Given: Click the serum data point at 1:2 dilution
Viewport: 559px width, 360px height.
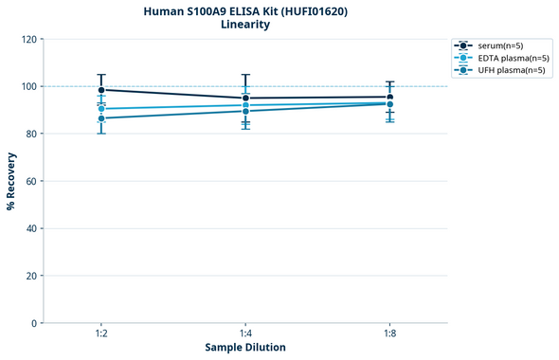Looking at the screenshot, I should pos(101,90).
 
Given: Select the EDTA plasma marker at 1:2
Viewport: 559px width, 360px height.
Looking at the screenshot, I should pos(101,109).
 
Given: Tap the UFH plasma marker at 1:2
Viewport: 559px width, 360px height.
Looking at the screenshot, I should pos(101,118).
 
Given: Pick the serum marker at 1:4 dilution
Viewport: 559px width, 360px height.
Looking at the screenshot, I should pos(245,99).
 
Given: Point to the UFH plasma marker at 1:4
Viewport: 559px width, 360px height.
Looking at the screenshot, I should pos(245,111).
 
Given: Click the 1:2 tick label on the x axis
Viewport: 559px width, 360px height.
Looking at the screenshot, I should pos(101,333).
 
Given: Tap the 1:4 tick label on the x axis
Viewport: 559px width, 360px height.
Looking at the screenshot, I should pos(245,333).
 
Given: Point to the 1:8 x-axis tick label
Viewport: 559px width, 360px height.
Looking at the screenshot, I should pos(389,333).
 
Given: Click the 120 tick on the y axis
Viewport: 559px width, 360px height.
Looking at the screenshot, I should pos(29,40).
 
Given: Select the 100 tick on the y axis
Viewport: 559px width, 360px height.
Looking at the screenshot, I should pos(29,87).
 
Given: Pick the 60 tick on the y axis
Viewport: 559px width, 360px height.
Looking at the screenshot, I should pos(32,181).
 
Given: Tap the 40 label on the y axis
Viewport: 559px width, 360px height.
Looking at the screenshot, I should pos(32,228).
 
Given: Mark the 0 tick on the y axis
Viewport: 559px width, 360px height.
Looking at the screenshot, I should pos(35,323).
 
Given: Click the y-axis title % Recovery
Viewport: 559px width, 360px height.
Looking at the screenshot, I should pos(11,181).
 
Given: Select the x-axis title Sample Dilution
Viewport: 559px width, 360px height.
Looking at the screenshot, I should pos(245,348).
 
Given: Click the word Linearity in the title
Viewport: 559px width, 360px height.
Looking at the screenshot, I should pos(245,25).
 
